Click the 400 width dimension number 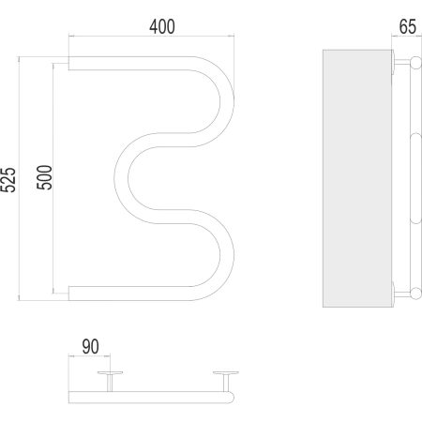pyautogui.click(x=162, y=26)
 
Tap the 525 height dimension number pyautogui.click(x=8, y=180)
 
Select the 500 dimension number pyautogui.click(x=44, y=177)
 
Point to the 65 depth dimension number pyautogui.click(x=408, y=26)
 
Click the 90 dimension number pyautogui.click(x=90, y=346)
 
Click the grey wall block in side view pyautogui.click(x=357, y=178)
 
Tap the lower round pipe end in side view pyautogui.click(x=416, y=294)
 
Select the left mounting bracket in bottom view pyautogui.click(x=110, y=382)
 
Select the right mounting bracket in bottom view pyautogui.click(x=226, y=382)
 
